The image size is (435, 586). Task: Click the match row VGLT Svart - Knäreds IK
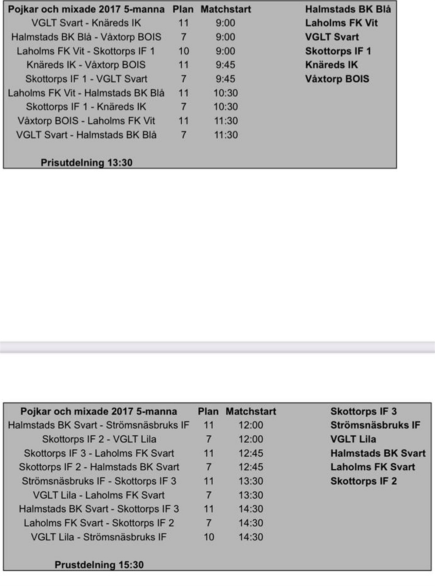(86, 23)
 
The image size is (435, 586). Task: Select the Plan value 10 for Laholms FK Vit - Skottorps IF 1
(184, 51)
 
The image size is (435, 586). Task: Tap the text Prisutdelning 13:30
(86, 162)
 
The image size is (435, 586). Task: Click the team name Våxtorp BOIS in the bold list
(337, 79)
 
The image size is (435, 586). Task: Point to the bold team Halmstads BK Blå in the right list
(348, 9)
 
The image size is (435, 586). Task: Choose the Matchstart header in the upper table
(226, 9)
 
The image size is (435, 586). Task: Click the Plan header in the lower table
(208, 411)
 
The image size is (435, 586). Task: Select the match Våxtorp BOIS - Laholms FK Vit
(86, 121)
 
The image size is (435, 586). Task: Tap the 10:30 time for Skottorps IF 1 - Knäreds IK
(225, 107)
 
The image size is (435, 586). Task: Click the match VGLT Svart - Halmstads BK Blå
(86, 135)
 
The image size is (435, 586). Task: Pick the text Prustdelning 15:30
(99, 565)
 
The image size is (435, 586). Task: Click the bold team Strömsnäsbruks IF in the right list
(375, 425)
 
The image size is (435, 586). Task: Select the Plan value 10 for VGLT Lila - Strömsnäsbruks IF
(209, 537)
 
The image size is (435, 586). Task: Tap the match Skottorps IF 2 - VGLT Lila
(99, 439)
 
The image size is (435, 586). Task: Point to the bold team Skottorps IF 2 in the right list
(364, 481)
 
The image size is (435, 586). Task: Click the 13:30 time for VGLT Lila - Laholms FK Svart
(251, 495)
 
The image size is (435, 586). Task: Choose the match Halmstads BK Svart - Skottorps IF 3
(99, 509)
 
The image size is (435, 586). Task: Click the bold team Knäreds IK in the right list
(331, 65)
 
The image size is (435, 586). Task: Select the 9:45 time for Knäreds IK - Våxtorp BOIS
(225, 65)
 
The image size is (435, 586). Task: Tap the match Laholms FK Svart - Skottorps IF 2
(99, 523)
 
